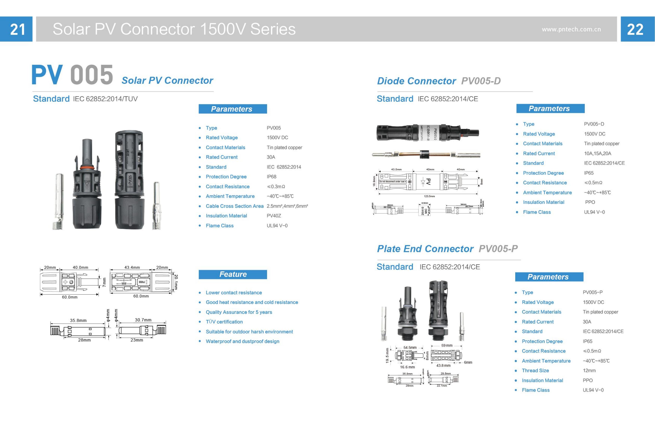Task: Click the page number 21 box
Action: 16,29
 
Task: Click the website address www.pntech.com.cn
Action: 571,29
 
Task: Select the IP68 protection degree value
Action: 271,177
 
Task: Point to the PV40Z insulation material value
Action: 274,216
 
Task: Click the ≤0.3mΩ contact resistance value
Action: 276,187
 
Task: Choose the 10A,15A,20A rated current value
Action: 597,153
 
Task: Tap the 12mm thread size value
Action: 589,371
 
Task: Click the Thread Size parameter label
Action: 535,371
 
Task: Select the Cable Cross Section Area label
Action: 235,206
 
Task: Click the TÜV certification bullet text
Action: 224,322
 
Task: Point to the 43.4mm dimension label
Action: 132,267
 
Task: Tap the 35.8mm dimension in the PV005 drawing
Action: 78,320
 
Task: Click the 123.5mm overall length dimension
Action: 429,196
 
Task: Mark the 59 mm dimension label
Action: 447,345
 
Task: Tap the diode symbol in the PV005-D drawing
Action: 423,182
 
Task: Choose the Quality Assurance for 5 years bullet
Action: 239,312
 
